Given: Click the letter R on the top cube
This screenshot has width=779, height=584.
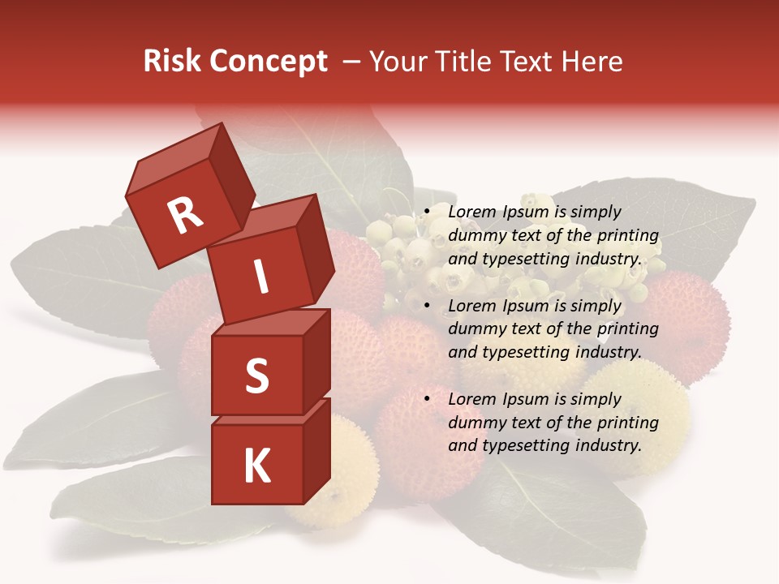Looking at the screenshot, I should tap(185, 215).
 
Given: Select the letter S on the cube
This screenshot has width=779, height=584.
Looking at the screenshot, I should tap(256, 376).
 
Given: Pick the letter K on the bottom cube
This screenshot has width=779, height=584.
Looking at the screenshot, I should tap(256, 466).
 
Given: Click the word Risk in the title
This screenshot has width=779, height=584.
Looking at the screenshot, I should tap(173, 62).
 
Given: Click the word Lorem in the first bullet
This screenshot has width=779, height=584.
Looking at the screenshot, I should tap(471, 212).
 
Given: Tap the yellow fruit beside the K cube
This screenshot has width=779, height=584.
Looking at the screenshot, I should tap(341, 479).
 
